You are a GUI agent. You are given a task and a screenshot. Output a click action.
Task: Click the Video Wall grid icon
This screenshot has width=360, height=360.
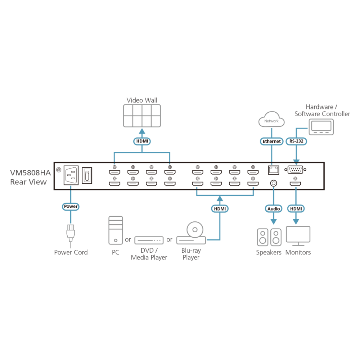142,116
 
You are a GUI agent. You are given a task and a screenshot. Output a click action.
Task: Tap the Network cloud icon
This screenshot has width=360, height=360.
271,119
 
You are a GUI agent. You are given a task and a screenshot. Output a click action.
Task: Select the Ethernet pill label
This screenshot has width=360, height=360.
271,141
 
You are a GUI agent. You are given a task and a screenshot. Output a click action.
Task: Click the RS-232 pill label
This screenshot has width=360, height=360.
296,141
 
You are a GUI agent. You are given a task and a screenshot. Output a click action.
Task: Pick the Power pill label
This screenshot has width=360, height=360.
71,206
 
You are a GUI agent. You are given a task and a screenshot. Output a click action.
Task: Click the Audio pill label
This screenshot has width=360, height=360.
274,209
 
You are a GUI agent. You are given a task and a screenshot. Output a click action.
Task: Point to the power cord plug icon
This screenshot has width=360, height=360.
71,233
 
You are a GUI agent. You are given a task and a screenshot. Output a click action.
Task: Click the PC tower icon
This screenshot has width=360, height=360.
116,230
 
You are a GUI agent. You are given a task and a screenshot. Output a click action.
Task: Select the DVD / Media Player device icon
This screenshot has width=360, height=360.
149,240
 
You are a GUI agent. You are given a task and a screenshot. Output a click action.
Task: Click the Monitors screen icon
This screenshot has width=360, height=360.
298,236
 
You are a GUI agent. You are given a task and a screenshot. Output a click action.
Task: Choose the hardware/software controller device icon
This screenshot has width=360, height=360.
321,127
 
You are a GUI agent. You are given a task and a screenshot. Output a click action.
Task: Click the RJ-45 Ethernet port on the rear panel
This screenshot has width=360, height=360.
274,170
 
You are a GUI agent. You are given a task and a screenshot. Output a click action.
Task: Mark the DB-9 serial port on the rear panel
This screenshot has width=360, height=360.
295,170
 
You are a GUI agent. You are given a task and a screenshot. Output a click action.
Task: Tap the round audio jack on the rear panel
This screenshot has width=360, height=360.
274,183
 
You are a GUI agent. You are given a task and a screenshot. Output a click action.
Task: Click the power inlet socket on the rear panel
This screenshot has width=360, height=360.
71,175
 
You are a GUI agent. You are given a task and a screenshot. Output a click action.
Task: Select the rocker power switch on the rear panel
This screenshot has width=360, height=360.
87,175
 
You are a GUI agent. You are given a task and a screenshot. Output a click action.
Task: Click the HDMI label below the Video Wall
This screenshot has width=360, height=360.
142,141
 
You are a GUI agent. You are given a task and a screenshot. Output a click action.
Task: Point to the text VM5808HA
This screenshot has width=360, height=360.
30,173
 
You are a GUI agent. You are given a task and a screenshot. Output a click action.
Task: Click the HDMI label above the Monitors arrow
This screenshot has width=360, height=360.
296,209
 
